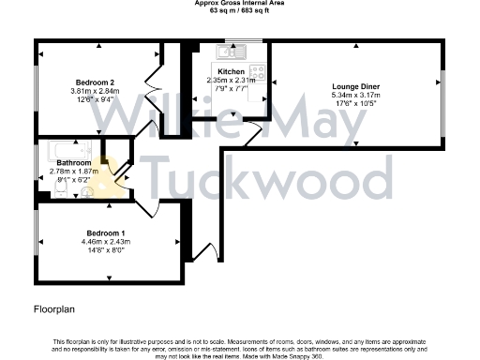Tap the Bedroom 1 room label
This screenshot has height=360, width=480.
tap(105, 232)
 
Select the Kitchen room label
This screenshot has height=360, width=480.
tap(231, 72)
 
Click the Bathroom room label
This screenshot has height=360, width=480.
tap(73, 162)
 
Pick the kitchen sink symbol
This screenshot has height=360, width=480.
tap(233, 49)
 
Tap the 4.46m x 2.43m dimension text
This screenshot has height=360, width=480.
tap(105, 242)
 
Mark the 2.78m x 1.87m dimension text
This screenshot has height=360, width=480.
tap(73, 171)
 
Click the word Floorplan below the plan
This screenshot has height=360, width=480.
tap(54, 307)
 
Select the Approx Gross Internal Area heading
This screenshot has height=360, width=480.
tap(239, 4)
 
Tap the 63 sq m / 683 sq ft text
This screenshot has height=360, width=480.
tap(239, 11)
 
